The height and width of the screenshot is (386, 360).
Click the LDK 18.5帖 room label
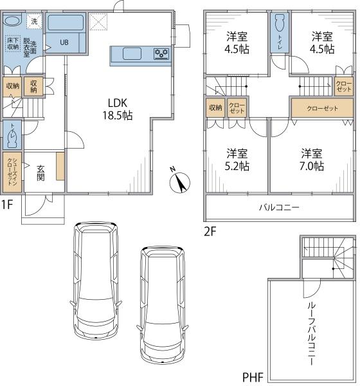118,109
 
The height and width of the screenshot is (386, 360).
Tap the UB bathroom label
64,42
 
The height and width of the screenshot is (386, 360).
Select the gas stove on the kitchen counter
161,54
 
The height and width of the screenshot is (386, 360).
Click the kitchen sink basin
132,53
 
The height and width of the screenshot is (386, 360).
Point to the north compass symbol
180,181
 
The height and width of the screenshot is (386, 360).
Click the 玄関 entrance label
41,173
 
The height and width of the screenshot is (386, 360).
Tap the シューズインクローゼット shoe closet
12,172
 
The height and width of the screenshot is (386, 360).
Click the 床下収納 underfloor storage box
13,43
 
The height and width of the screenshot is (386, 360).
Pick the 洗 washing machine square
34,21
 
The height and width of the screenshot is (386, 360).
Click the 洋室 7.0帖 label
312,160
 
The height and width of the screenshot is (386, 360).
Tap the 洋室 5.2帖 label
237,160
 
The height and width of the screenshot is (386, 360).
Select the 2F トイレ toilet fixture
280,23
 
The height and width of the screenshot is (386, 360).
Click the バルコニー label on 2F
279,208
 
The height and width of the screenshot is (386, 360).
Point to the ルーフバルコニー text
311,334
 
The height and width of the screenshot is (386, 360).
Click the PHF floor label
253,377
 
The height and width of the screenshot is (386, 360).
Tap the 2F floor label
210,232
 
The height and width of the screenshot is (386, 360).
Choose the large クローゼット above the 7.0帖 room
322,108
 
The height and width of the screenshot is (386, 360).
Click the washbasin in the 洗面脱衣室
13,21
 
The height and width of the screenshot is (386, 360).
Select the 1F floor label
6,205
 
